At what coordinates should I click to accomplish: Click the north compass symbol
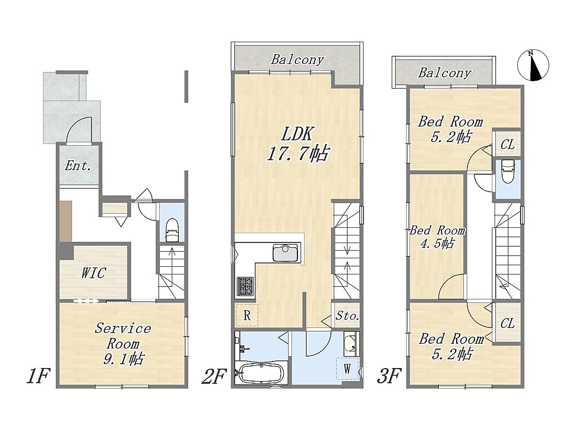533,65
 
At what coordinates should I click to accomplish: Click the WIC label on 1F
94,273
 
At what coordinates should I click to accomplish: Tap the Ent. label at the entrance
78,166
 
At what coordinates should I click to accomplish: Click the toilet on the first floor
172,231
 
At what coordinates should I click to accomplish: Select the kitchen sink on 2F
285,252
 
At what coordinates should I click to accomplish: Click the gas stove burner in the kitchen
245,286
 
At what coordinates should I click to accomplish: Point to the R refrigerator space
247,315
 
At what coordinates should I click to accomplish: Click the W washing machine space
347,369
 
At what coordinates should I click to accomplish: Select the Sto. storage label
347,316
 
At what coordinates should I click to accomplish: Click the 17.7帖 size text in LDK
297,154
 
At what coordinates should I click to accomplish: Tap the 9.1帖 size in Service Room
123,358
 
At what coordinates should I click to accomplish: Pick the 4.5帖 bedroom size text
437,244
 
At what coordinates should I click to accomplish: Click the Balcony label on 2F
297,60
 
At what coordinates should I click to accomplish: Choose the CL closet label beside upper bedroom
508,145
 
